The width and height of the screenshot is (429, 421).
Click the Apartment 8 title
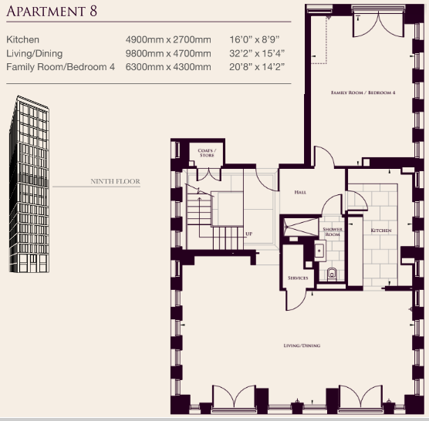[x=52, y=12]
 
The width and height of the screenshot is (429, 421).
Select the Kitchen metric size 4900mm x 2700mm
[x=168, y=39]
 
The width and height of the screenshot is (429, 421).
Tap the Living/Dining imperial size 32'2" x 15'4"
[x=257, y=53]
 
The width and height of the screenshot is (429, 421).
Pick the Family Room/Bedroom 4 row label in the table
[x=60, y=67]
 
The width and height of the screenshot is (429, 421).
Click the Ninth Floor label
[x=115, y=181]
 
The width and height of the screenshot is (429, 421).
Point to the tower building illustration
[x=29, y=184]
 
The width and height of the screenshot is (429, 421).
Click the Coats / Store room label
[x=207, y=153]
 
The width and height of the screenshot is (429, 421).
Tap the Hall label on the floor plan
[x=300, y=192]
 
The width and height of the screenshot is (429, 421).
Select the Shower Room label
[x=333, y=232]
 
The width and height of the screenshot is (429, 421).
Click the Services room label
[x=298, y=278]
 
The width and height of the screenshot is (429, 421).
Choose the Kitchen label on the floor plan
[x=381, y=231]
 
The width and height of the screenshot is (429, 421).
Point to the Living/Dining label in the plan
[x=302, y=345]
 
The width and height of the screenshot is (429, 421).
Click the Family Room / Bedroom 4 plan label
[x=363, y=93]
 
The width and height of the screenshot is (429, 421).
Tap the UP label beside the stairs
[x=248, y=234]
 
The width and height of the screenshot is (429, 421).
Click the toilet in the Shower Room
[x=332, y=274]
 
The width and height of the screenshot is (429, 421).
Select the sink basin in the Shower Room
[x=319, y=251]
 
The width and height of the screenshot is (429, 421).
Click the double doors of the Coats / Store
[x=209, y=175]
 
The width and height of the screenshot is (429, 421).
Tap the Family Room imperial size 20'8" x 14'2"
[x=257, y=67]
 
